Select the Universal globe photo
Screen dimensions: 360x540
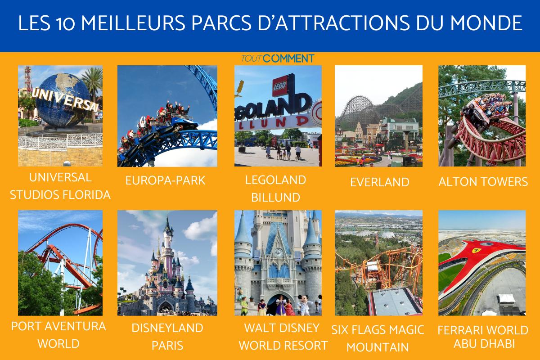tap(60, 116)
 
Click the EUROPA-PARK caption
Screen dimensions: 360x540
tap(165, 181)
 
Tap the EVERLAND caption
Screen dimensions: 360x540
tap(379, 182)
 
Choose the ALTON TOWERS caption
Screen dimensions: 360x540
tap(483, 182)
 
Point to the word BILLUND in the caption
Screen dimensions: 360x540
tap(275, 197)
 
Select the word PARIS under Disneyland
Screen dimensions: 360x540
tap(167, 346)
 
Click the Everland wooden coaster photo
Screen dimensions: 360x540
tap(378, 116)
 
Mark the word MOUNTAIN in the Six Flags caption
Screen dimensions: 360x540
tap(378, 347)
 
